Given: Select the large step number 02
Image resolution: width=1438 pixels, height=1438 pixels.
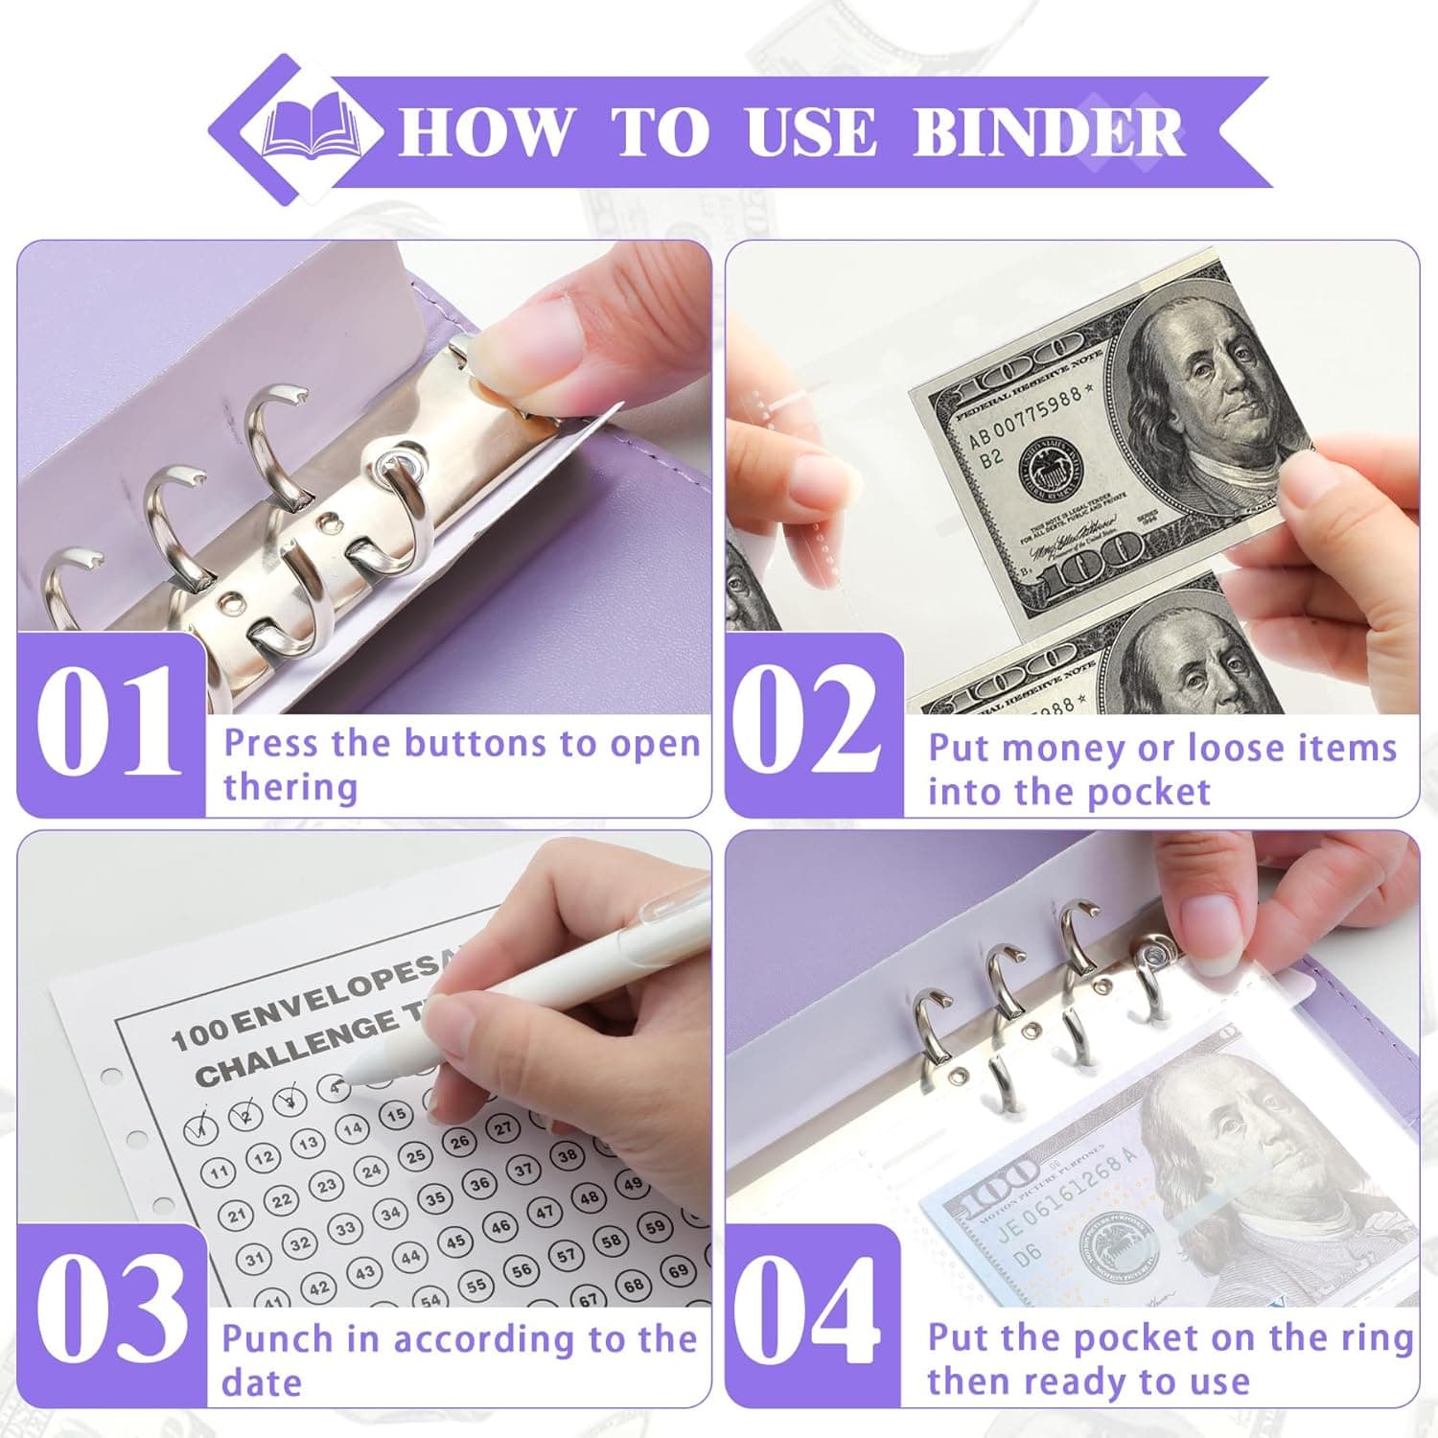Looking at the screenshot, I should click(x=813, y=721).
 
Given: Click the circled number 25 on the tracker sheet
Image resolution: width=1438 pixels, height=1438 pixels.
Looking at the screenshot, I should click(x=415, y=1157).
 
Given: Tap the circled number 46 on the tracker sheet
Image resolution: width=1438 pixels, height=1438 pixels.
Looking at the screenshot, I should click(x=500, y=1226).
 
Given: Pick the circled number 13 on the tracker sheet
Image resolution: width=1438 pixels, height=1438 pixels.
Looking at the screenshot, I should click(x=308, y=1143).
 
